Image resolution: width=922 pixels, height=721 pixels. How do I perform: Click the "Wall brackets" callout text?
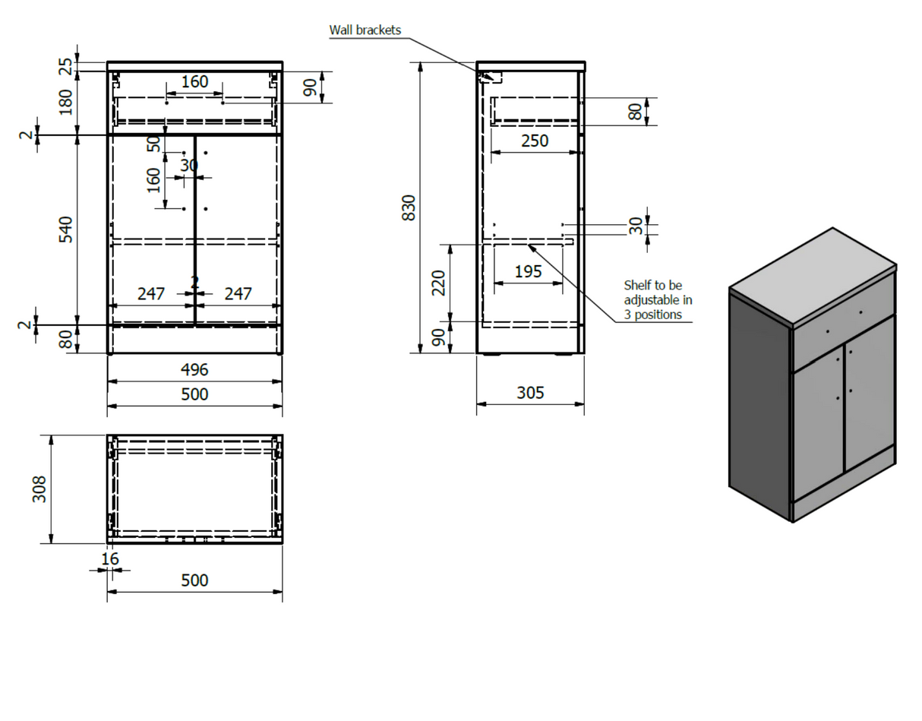[365, 30]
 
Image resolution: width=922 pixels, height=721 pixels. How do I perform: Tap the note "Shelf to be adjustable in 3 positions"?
[658, 299]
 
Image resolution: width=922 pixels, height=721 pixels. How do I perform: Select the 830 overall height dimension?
[409, 207]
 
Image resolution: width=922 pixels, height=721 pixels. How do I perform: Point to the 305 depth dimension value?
[530, 393]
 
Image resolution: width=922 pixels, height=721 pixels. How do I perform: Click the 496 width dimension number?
[194, 370]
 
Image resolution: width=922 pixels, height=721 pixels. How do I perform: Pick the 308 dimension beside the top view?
[40, 489]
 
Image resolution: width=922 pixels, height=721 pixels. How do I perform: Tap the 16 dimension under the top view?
[109, 559]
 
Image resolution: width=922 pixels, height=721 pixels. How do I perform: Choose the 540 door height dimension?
[66, 230]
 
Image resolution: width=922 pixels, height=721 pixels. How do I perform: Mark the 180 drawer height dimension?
[66, 102]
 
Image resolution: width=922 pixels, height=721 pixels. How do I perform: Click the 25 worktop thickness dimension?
[66, 66]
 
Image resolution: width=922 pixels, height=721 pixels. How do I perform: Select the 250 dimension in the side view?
[534, 141]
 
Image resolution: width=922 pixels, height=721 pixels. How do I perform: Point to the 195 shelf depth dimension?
[528, 271]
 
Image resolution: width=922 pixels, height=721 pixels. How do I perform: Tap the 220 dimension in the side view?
[439, 283]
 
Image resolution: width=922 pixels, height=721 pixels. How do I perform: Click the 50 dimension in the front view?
[154, 142]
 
